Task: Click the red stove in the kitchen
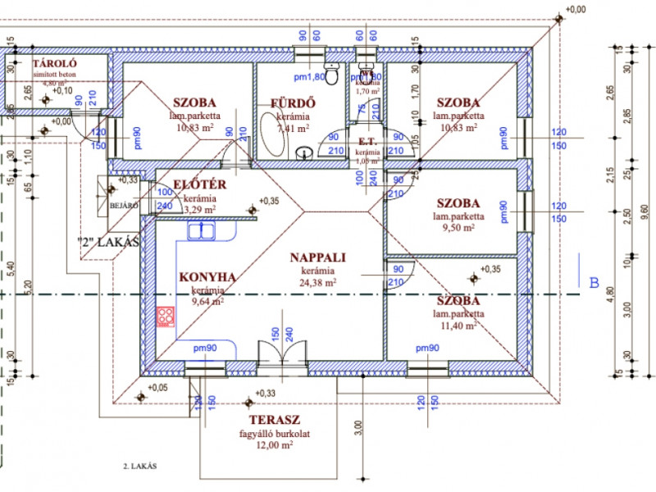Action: [x=166, y=316]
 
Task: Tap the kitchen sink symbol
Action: [x=201, y=231]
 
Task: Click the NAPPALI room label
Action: [x=318, y=257]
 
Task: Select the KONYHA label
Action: [x=207, y=277]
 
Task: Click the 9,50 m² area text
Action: [x=458, y=230]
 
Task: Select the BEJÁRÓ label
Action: [x=123, y=207]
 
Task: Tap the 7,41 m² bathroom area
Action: [x=294, y=130]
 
